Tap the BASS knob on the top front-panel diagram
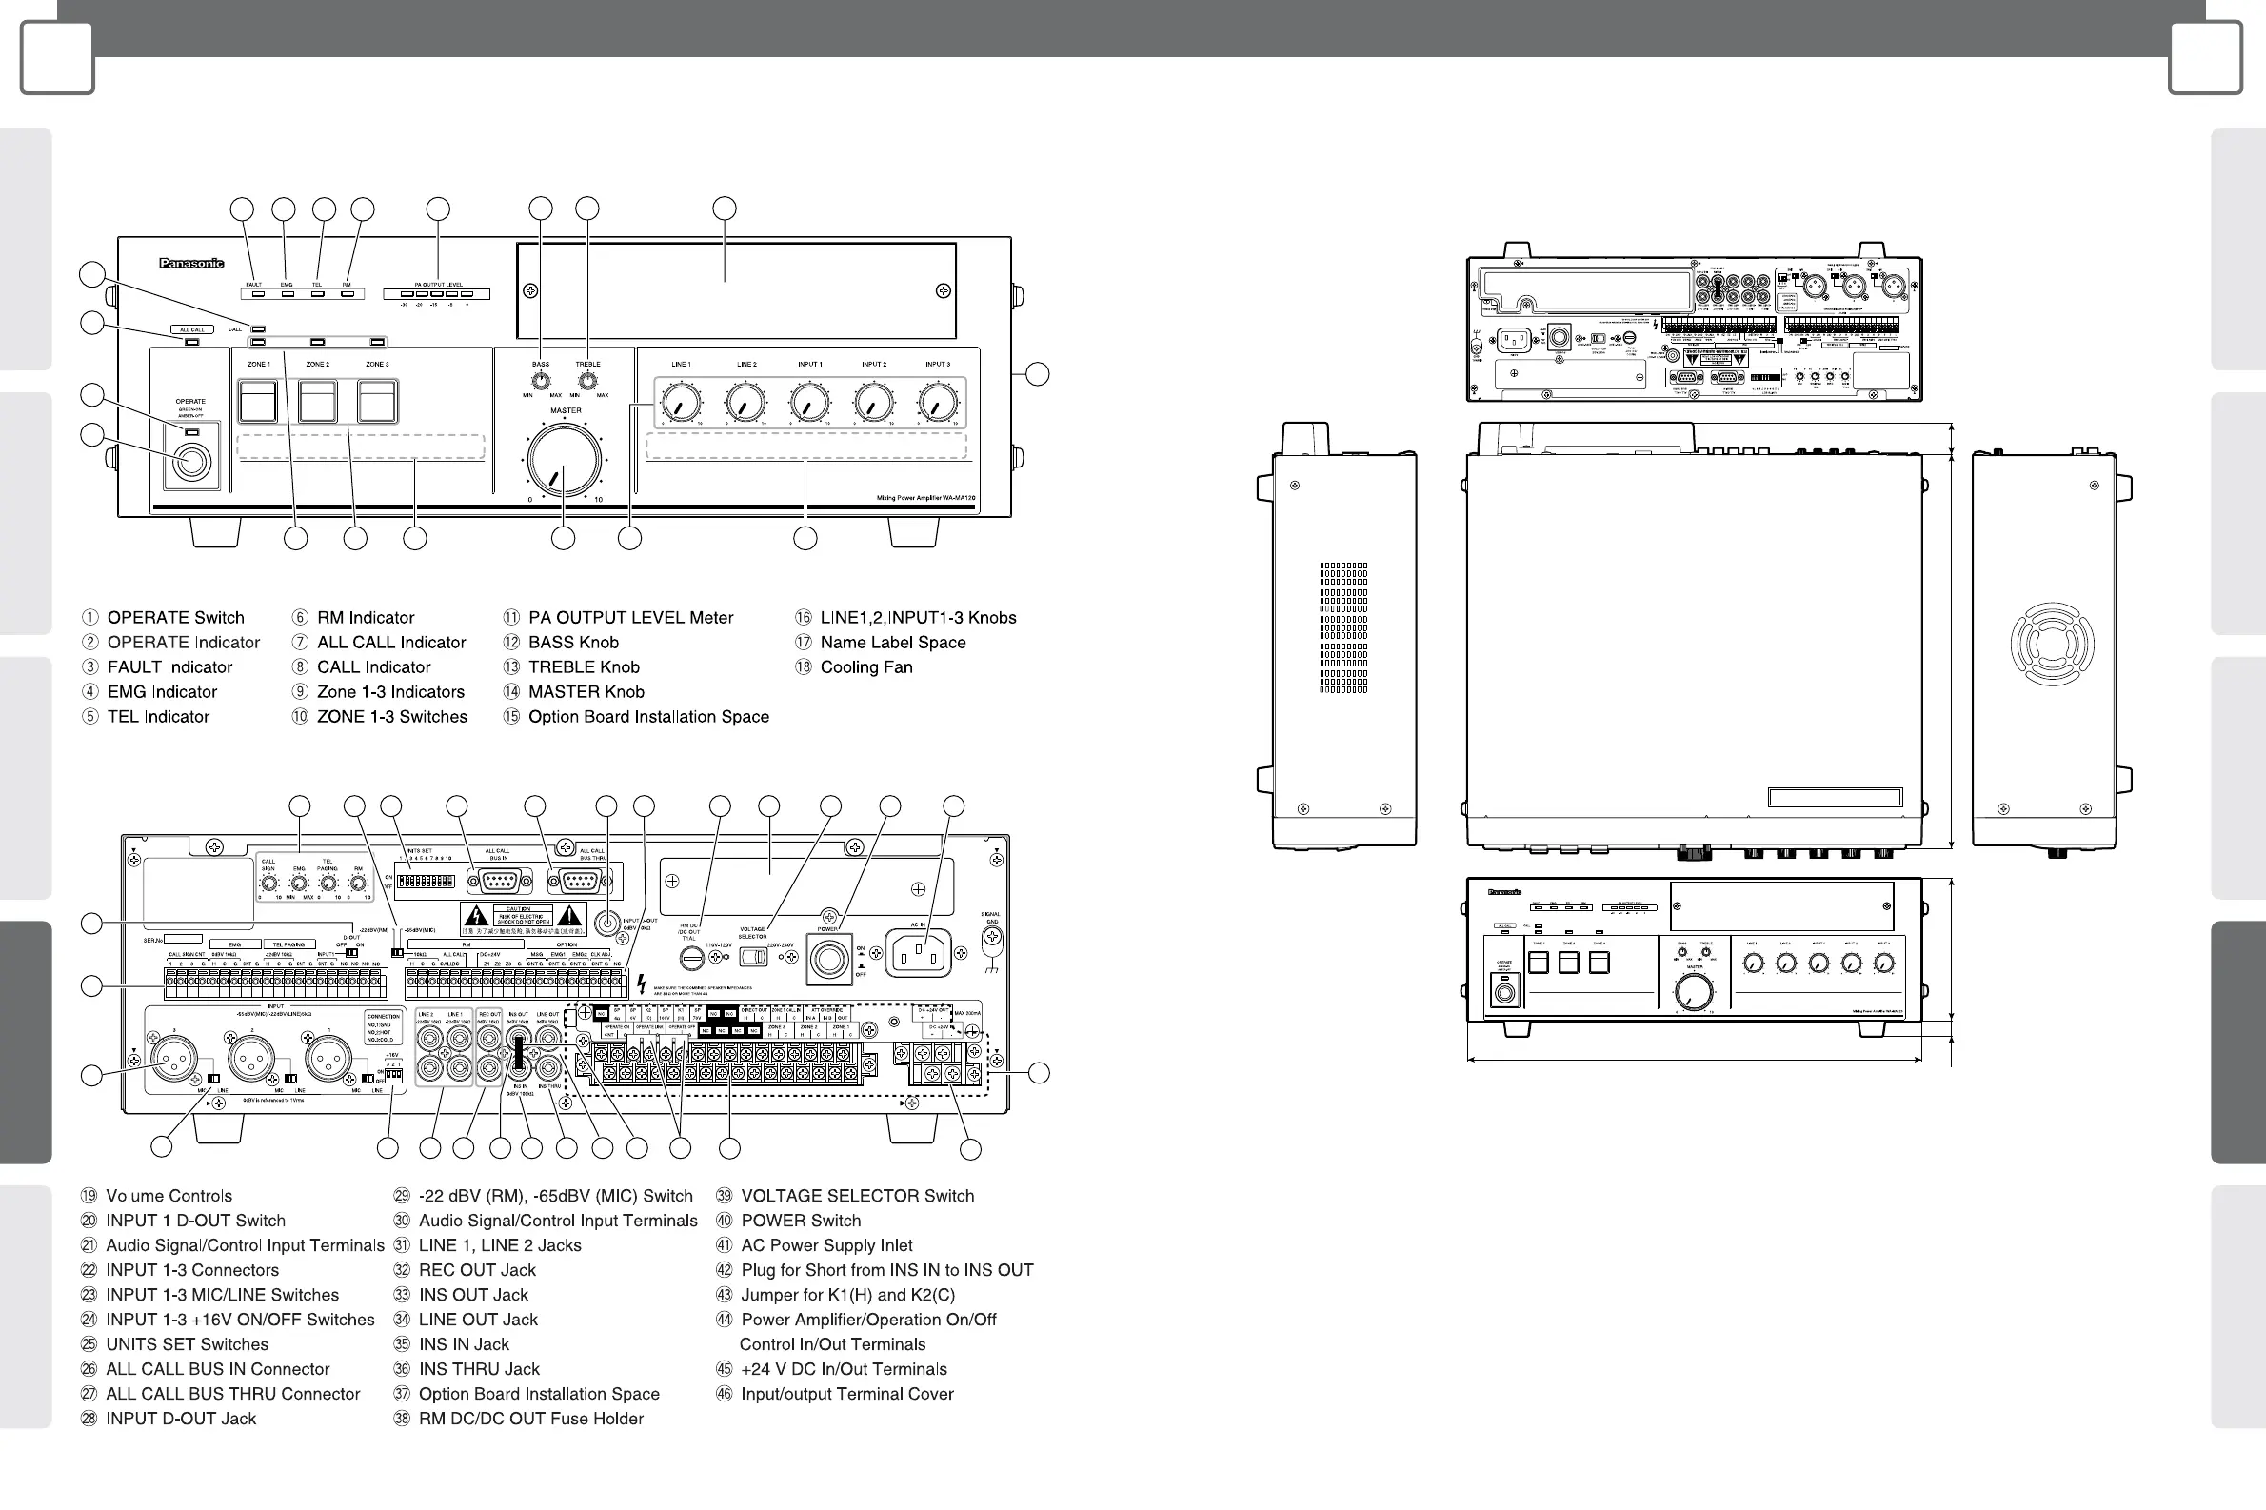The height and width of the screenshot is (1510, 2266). [541, 381]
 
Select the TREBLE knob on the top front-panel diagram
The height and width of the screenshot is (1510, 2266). [587, 381]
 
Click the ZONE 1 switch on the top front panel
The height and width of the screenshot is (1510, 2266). [258, 402]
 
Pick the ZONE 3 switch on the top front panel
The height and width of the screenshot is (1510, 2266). [377, 402]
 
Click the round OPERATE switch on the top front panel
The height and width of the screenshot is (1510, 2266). [191, 463]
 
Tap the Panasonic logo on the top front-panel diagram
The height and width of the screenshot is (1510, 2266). [191, 263]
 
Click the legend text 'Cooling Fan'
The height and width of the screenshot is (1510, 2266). [865, 667]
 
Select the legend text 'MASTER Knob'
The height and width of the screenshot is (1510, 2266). [586, 692]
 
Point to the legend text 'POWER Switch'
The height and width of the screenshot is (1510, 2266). [801, 1222]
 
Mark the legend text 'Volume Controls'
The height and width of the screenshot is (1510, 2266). [169, 1196]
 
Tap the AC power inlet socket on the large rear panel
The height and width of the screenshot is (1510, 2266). [918, 953]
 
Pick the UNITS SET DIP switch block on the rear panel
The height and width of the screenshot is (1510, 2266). [426, 882]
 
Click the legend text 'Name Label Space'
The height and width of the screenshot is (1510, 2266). [893, 643]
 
